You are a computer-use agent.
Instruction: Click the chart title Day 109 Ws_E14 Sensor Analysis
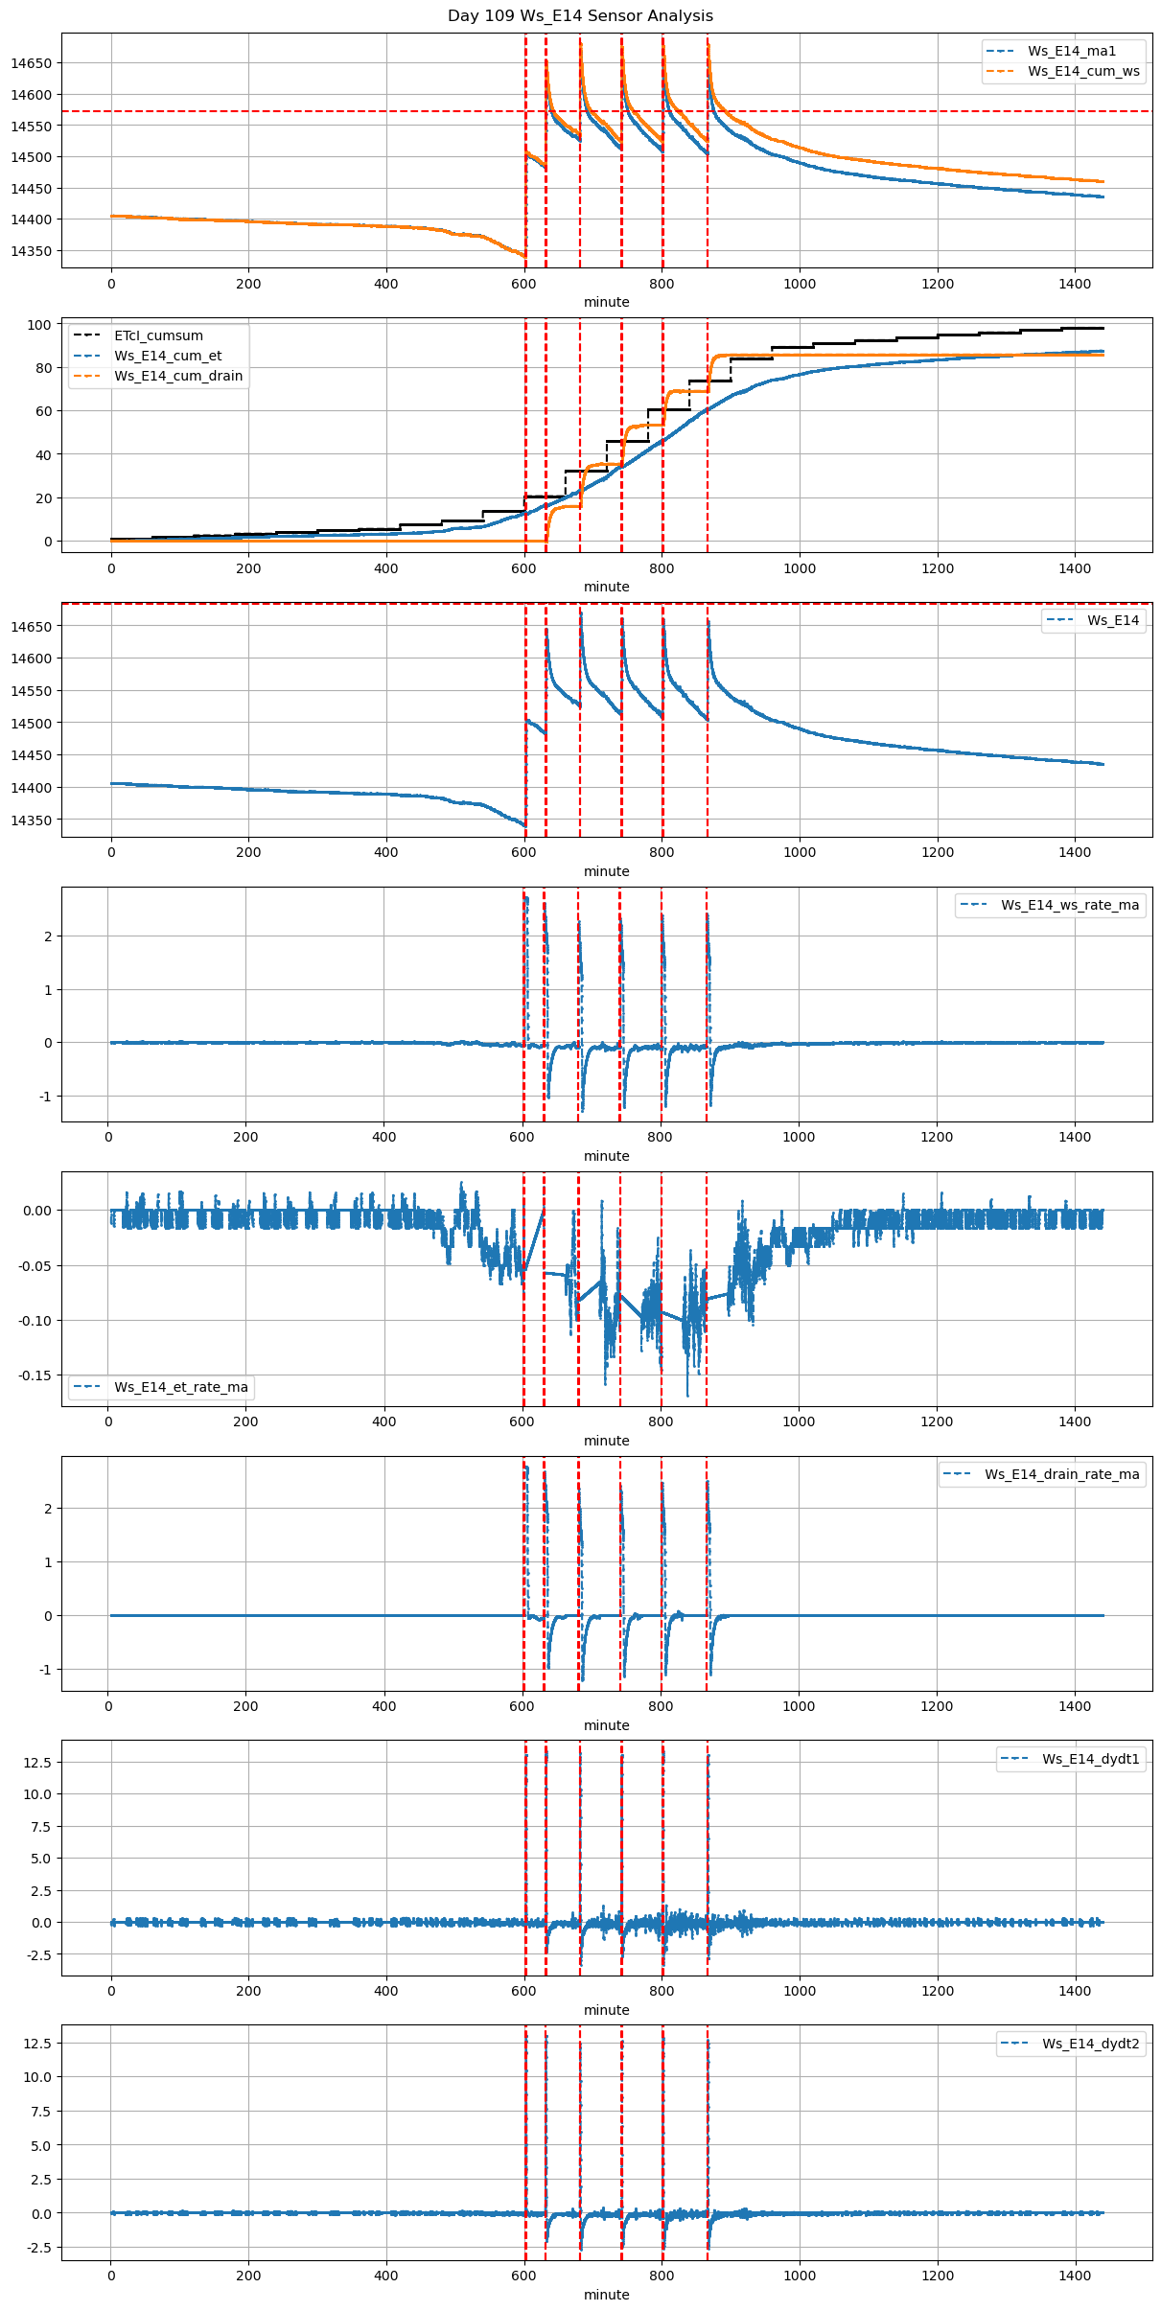(580, 15)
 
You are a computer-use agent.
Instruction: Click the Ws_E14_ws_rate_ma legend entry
(1070, 905)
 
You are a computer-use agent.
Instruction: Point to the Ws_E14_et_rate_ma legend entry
(180, 1387)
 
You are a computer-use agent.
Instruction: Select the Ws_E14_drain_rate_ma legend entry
(1061, 1474)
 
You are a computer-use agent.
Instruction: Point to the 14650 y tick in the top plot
(32, 63)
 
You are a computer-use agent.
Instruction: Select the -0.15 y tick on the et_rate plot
(36, 1375)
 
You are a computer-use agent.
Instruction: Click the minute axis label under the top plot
(607, 302)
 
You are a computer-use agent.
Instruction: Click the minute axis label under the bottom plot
(607, 2295)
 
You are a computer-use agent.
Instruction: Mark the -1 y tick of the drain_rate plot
(44, 1670)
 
